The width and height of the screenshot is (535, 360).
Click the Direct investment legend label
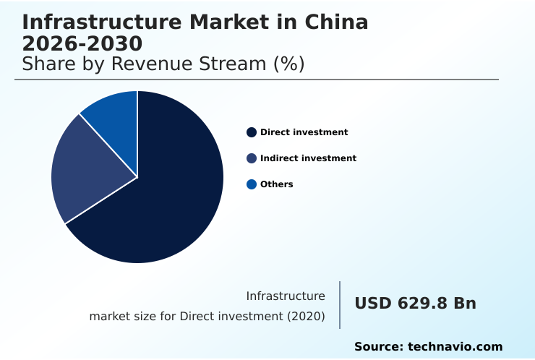tap(304, 132)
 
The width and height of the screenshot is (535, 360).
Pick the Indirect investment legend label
tap(308, 158)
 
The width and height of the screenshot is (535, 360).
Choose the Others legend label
tap(276, 184)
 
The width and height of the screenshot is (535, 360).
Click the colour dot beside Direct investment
tap(252, 132)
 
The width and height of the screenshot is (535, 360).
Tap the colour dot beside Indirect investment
tap(252, 158)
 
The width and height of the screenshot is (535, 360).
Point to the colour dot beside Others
tap(252, 184)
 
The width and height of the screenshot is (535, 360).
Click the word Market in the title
tap(232, 22)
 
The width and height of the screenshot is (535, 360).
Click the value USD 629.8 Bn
tap(415, 304)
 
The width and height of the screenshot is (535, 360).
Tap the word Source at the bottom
tap(377, 347)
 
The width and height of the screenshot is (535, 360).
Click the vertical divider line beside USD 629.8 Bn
tap(340, 305)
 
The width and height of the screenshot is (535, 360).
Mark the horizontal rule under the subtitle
tap(257, 80)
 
